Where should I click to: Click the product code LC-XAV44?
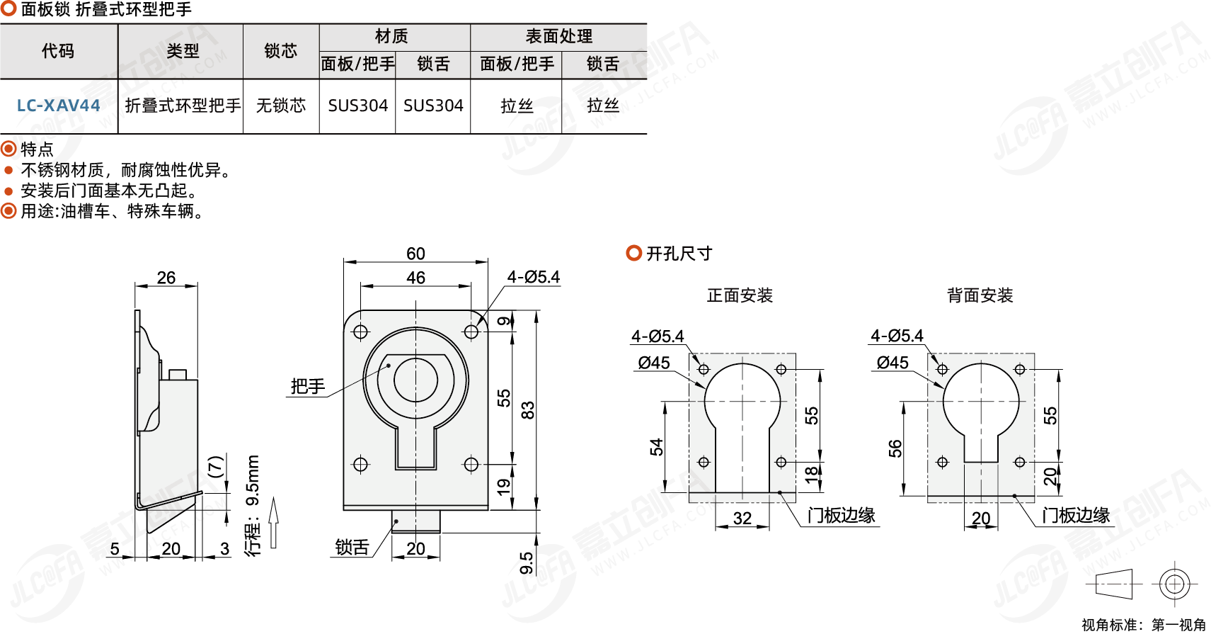pyautogui.click(x=58, y=106)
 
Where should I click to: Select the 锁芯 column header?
pyautogui.click(x=280, y=51)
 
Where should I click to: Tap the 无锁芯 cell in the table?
pyautogui.click(x=280, y=106)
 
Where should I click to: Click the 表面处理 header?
pyautogui.click(x=558, y=36)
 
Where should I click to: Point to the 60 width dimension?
pyautogui.click(x=415, y=254)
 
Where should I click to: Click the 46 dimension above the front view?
pyautogui.click(x=415, y=278)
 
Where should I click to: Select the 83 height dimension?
pyautogui.click(x=528, y=410)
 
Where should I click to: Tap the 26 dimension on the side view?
pyautogui.click(x=166, y=278)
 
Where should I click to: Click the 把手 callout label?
pyautogui.click(x=308, y=386)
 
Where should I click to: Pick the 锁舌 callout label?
pyautogui.click(x=352, y=547)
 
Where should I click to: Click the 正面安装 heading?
pyautogui.click(x=740, y=295)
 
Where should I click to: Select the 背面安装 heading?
pyautogui.click(x=980, y=295)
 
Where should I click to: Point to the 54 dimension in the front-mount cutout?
pyautogui.click(x=657, y=447)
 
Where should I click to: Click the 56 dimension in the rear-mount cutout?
pyautogui.click(x=895, y=448)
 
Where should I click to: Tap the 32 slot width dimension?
pyautogui.click(x=742, y=518)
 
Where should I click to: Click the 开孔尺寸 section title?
pyautogui.click(x=678, y=254)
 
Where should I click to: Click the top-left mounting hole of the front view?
pyautogui.click(x=360, y=332)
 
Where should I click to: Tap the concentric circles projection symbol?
pyautogui.click(x=1174, y=584)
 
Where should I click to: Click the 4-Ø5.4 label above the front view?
pyautogui.click(x=533, y=277)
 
